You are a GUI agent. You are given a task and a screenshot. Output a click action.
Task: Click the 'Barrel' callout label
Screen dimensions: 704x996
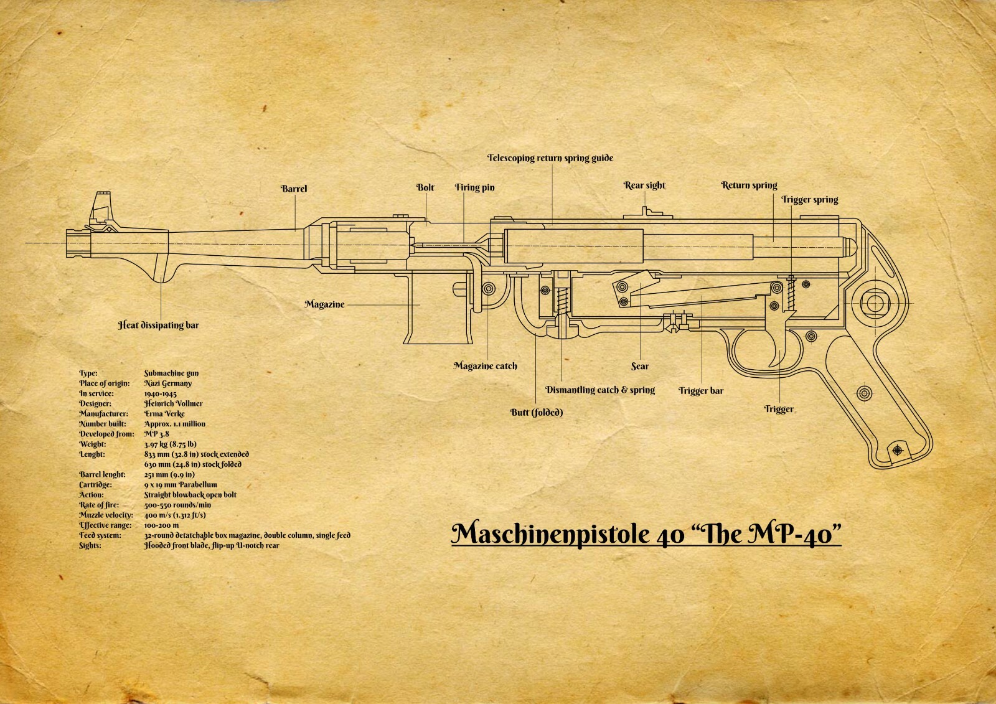point(294,189)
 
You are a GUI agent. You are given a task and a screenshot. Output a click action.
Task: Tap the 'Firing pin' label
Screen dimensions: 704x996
point(474,187)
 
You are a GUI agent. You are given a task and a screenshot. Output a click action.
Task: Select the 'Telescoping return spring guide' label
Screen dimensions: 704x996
point(550,158)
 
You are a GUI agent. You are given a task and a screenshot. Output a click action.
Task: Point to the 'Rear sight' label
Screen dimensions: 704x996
point(644,185)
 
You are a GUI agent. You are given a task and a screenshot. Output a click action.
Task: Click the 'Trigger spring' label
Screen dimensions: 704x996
point(809,200)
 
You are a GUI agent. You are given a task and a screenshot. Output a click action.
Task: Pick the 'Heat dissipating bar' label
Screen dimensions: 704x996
point(159,325)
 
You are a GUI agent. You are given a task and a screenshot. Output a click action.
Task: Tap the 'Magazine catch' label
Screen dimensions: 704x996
point(485,366)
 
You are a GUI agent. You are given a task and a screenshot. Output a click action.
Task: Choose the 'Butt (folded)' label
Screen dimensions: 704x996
point(536,412)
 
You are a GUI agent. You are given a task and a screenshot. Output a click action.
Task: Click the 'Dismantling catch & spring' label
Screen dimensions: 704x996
point(600,390)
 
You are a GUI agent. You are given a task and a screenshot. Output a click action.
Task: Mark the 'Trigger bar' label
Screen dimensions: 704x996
point(701,391)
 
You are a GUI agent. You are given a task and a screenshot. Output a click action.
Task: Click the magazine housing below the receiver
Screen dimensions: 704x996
point(436,308)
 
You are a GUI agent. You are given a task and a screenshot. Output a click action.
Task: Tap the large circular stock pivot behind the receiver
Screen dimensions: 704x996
point(875,304)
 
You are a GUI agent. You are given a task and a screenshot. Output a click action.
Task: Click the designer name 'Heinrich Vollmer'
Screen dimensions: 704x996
point(173,403)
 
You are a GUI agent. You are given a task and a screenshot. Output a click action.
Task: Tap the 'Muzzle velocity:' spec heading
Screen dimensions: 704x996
point(106,515)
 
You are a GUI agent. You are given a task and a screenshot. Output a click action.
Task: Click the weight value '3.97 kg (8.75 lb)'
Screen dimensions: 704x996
point(170,444)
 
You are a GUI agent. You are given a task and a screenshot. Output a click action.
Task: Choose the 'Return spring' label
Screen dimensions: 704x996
point(749,185)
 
